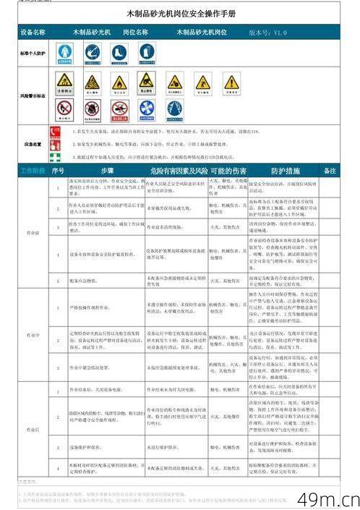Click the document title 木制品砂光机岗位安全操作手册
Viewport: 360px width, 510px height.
tap(180, 14)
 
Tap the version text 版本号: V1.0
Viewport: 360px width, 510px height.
tap(267, 33)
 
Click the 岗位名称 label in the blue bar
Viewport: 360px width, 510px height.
tap(135, 33)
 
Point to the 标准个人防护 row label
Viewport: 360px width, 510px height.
tap(33, 54)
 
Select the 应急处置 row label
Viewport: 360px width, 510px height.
tap(33, 144)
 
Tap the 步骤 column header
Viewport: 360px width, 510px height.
tap(108, 171)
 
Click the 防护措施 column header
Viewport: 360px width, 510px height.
tap(285, 171)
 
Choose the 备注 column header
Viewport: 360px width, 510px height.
tap(330, 171)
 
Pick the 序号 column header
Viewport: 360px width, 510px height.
tap(59, 171)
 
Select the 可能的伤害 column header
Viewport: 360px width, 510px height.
tap(228, 171)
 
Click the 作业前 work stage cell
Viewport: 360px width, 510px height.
tap(33, 233)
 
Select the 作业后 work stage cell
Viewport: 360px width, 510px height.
tap(33, 429)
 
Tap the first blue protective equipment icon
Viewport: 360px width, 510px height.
tap(65, 52)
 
